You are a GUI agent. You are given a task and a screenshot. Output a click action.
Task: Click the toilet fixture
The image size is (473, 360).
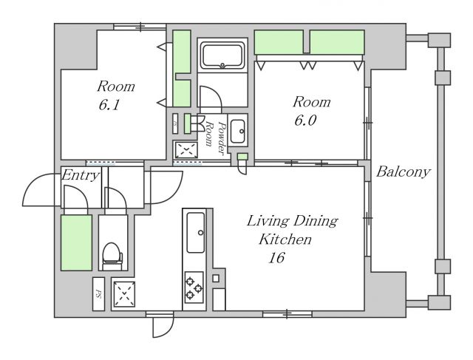pos(112,257)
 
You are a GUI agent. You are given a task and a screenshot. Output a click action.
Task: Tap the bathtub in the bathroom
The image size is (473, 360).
pos(222,56)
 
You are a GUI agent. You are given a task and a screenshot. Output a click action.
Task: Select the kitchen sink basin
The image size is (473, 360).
pos(196,233)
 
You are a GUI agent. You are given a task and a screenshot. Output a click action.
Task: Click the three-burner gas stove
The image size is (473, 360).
pos(194,288)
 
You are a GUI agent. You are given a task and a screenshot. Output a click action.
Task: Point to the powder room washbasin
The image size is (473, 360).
pos(238,131)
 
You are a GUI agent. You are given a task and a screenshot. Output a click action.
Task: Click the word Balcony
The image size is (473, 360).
pos(403,172)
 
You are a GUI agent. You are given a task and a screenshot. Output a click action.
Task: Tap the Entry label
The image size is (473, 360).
pos(81,175)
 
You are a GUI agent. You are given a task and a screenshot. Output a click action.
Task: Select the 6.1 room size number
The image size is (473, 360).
pos(109,105)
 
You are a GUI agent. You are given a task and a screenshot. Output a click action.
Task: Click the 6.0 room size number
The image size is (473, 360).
pos(305,120)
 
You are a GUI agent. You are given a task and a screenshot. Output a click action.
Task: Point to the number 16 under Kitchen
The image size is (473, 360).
pos(276,258)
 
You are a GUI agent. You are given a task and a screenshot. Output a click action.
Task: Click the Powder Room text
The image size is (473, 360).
pos(216,135)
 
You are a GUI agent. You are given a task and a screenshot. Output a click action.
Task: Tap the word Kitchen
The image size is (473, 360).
pos(285,240)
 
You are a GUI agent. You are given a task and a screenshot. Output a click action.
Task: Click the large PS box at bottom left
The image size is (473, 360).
pos(98,294)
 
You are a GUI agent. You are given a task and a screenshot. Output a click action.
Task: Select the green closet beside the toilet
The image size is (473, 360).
pos(76,242)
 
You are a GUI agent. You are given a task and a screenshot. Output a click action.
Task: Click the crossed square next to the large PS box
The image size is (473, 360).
pos(124,293)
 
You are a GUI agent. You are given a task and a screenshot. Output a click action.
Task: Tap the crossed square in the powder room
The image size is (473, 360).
pos(186,149)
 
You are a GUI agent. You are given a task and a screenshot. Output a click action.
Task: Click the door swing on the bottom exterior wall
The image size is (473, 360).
pos(163,325)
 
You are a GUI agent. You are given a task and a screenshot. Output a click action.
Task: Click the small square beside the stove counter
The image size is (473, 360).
pos(216,278)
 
